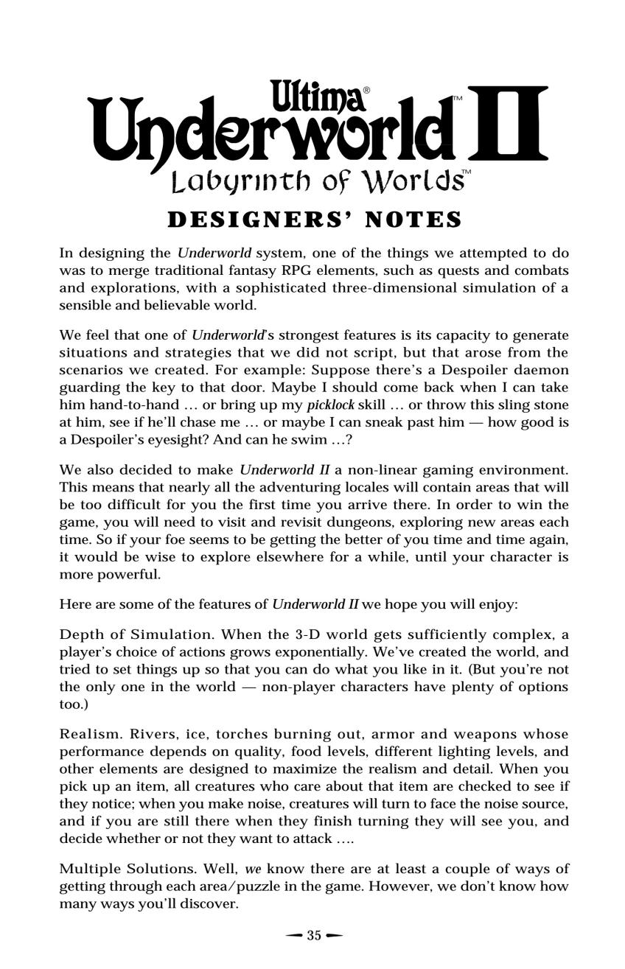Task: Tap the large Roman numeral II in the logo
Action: (x=507, y=124)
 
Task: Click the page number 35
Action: (x=314, y=936)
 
